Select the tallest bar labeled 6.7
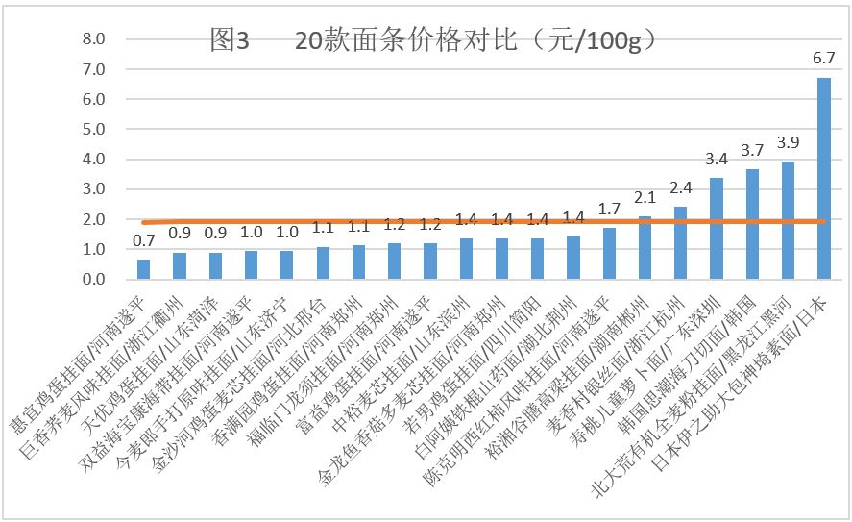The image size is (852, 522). pos(824,179)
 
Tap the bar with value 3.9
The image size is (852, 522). pos(789,220)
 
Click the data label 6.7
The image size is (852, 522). pos(823,59)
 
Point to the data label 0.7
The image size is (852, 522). pos(143,241)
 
